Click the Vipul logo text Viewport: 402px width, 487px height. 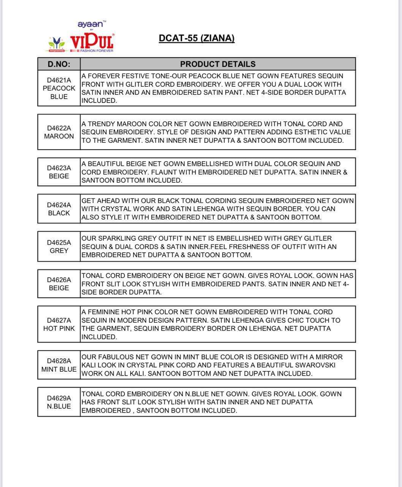tap(92, 41)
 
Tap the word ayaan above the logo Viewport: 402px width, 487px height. tap(90, 24)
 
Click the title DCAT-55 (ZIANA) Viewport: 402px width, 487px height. tap(196, 38)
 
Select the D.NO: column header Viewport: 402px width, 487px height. tap(59, 64)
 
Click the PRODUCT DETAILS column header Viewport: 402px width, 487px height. tap(218, 64)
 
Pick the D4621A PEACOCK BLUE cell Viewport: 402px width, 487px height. tap(59, 88)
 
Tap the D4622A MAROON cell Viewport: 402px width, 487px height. tap(59, 132)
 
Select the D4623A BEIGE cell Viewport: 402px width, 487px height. tap(59, 172)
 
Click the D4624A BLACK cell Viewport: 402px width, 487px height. tap(59, 209)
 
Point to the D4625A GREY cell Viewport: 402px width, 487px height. tap(59, 247)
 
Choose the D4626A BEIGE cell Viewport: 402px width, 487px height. tap(59, 284)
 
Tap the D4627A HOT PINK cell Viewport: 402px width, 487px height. tap(59, 324)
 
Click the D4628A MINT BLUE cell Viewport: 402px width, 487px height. tap(59, 365)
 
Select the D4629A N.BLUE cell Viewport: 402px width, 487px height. tap(59, 402)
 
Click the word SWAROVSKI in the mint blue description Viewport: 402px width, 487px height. tap(312, 365)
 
